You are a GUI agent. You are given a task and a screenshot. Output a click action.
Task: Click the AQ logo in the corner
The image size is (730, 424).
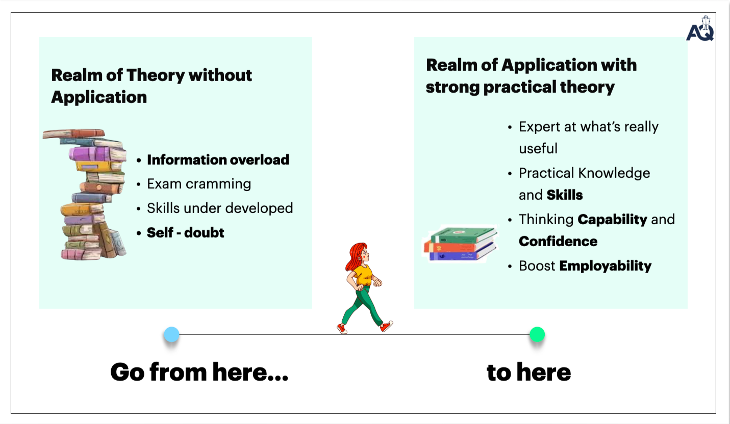[x=700, y=30]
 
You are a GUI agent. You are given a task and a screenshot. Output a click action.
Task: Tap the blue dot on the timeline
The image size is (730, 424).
[x=171, y=334]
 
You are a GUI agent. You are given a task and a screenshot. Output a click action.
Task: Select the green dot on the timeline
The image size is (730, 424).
[x=537, y=334]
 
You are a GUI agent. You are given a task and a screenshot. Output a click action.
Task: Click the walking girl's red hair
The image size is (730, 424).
[x=355, y=255]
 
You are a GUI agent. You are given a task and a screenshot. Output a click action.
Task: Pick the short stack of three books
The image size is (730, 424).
[x=460, y=244]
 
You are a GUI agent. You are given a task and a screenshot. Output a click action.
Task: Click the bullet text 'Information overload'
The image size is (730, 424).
[x=218, y=160]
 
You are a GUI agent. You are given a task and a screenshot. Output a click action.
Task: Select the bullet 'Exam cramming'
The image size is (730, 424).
[x=199, y=183]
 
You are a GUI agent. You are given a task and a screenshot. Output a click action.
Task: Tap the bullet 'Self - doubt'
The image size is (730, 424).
[x=186, y=232]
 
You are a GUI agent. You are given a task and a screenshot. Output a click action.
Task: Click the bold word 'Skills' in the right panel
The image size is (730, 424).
[x=565, y=195]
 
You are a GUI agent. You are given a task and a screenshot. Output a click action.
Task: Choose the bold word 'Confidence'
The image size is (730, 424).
[x=558, y=241]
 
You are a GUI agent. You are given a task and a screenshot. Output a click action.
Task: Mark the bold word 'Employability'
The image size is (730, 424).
[x=606, y=266]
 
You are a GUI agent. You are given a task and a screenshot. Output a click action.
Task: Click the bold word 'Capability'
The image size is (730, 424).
[x=612, y=219]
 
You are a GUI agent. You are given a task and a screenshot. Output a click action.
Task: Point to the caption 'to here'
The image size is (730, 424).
[x=528, y=372]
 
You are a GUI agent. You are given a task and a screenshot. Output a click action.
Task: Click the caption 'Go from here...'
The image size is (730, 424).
[x=199, y=372]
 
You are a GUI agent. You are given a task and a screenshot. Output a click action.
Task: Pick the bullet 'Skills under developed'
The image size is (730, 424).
[x=220, y=208]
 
